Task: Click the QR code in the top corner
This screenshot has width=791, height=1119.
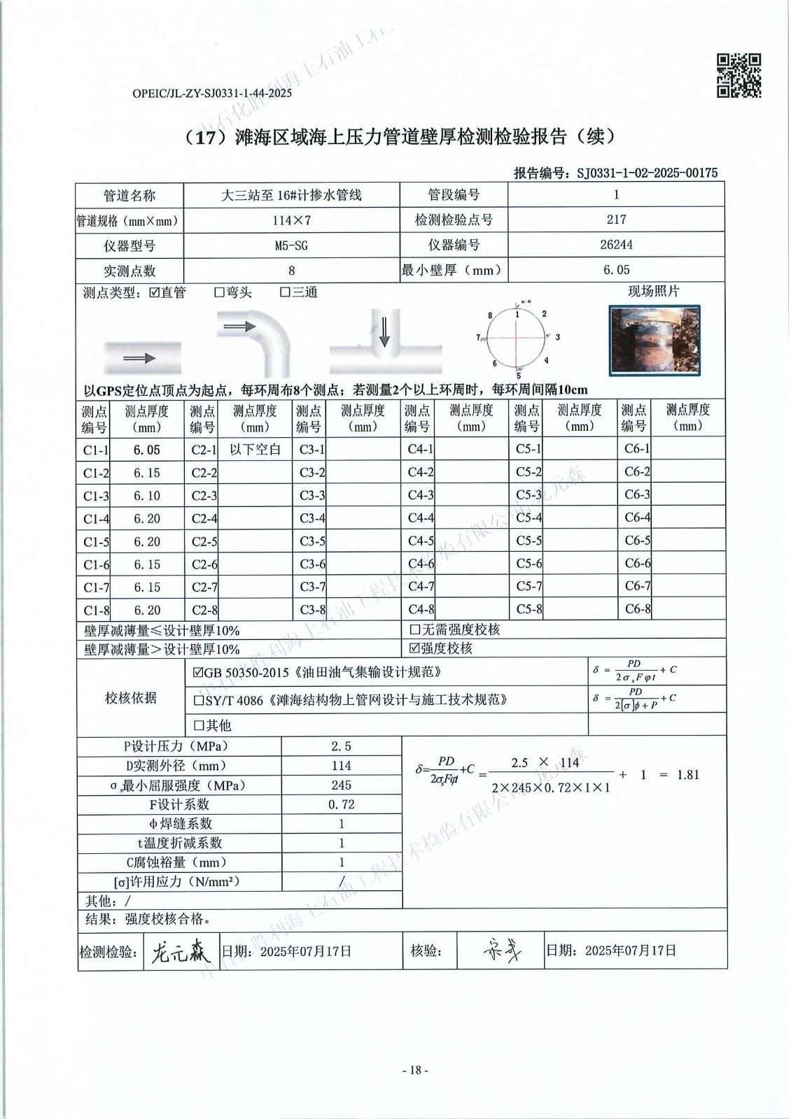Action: point(739,76)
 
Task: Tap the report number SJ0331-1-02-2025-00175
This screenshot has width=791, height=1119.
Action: point(647,173)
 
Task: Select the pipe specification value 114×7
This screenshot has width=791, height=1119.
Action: point(291,220)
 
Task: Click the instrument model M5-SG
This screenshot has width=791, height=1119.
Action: point(291,245)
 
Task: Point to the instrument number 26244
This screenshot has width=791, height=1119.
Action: point(616,245)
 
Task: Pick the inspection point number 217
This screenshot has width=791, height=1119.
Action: point(616,220)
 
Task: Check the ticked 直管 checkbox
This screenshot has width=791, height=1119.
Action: point(155,293)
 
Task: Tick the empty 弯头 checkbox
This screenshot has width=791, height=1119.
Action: point(219,293)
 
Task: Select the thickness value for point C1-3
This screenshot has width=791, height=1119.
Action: point(147,496)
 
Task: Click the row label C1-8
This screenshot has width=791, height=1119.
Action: point(96,610)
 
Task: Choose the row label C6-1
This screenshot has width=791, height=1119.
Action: point(637,449)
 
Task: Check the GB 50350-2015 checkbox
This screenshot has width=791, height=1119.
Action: point(198,673)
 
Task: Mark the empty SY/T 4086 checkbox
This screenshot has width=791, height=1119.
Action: point(198,699)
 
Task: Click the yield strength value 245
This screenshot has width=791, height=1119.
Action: point(342,785)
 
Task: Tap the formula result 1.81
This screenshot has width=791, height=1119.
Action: point(688,775)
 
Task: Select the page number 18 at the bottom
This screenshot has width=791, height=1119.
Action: point(414,1070)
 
